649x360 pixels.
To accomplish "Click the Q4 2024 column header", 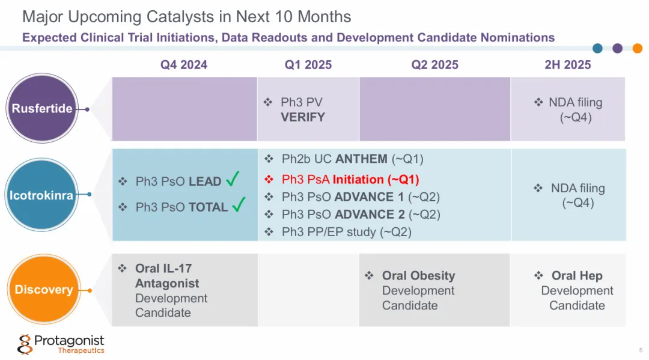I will (183, 65).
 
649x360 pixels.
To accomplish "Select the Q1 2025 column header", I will (308, 65).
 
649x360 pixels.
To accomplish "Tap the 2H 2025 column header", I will (567, 65).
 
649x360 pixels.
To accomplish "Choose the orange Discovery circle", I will (43, 290).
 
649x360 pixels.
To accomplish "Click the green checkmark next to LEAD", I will (234, 180).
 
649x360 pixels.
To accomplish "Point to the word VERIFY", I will (303, 117).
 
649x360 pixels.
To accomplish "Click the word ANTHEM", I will (361, 159).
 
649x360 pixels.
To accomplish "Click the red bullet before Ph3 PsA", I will (269, 180).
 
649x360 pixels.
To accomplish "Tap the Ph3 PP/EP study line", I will (346, 232).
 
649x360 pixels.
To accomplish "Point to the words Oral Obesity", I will (418, 276).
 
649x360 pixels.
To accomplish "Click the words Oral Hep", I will (576, 276).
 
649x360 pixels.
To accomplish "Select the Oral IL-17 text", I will (163, 268).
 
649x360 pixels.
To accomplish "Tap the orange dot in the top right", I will (637, 49).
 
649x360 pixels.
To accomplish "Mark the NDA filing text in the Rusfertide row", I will (575, 103).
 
